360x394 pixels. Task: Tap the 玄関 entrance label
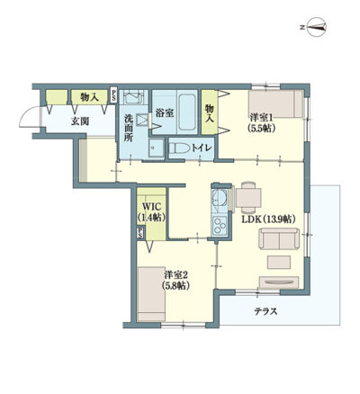click(79, 121)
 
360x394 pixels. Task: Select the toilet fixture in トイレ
click(179, 148)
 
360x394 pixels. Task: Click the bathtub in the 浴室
click(187, 112)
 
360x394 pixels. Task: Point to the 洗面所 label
click(129, 128)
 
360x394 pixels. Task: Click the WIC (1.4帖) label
click(151, 211)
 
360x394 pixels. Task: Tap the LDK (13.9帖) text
click(269, 219)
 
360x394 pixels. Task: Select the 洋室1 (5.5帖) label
click(261, 123)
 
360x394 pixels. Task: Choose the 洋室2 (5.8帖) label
click(176, 281)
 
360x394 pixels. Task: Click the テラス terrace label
click(265, 311)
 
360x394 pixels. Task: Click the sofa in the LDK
click(279, 238)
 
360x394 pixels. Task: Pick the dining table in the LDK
click(248, 198)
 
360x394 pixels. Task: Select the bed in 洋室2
click(151, 294)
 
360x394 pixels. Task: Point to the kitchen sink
click(219, 198)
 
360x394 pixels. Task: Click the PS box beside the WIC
click(139, 233)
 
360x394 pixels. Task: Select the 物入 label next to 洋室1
click(209, 113)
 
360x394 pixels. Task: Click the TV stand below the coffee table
click(279, 282)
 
